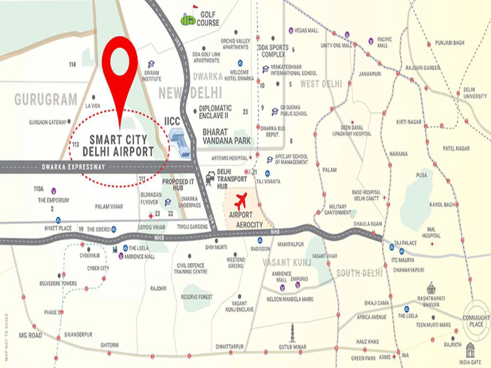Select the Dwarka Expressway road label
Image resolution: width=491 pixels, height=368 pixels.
coord(74,167)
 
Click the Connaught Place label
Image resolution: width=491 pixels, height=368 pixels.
coord(476,321)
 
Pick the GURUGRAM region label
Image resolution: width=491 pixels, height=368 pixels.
coord(45,99)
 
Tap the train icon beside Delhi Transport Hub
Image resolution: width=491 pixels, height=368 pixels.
coord(211,178)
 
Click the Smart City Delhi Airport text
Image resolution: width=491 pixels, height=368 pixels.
coord(118,145)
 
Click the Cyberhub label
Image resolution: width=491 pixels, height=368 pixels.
coord(89,255)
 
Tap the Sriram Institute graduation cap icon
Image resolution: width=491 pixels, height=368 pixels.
coord(151,64)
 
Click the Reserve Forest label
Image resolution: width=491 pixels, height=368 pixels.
coord(197,297)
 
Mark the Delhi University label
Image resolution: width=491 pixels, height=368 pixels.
coord(475,93)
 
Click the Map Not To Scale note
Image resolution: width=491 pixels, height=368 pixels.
coord(6,337)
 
